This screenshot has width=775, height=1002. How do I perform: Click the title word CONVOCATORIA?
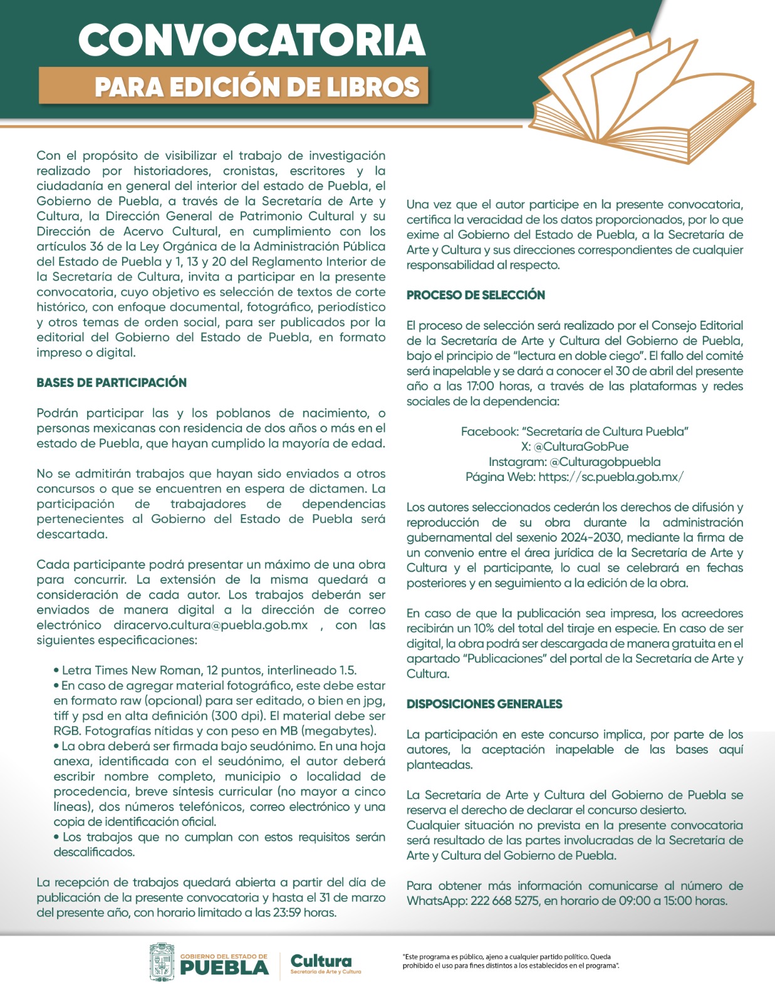pos(252,40)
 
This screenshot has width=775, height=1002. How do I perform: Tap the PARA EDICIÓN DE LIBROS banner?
pos(257,87)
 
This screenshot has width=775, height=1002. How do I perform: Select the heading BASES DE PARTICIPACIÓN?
pos(112,383)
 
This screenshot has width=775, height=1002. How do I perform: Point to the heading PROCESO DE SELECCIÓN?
pos(476,295)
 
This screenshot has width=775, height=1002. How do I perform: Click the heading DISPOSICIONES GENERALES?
pos(484,704)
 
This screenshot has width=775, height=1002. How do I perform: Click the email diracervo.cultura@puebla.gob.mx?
pos(211,625)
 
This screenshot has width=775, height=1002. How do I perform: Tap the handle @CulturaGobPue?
pos(581,447)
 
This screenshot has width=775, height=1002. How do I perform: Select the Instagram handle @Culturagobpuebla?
pos(605,462)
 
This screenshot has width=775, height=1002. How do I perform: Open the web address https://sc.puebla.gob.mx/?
pos(611,477)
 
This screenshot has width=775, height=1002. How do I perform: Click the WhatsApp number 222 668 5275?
pos(505,901)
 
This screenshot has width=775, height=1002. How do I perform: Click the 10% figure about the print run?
pos(482,628)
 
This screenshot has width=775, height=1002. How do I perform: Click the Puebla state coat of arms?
pos(162,961)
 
